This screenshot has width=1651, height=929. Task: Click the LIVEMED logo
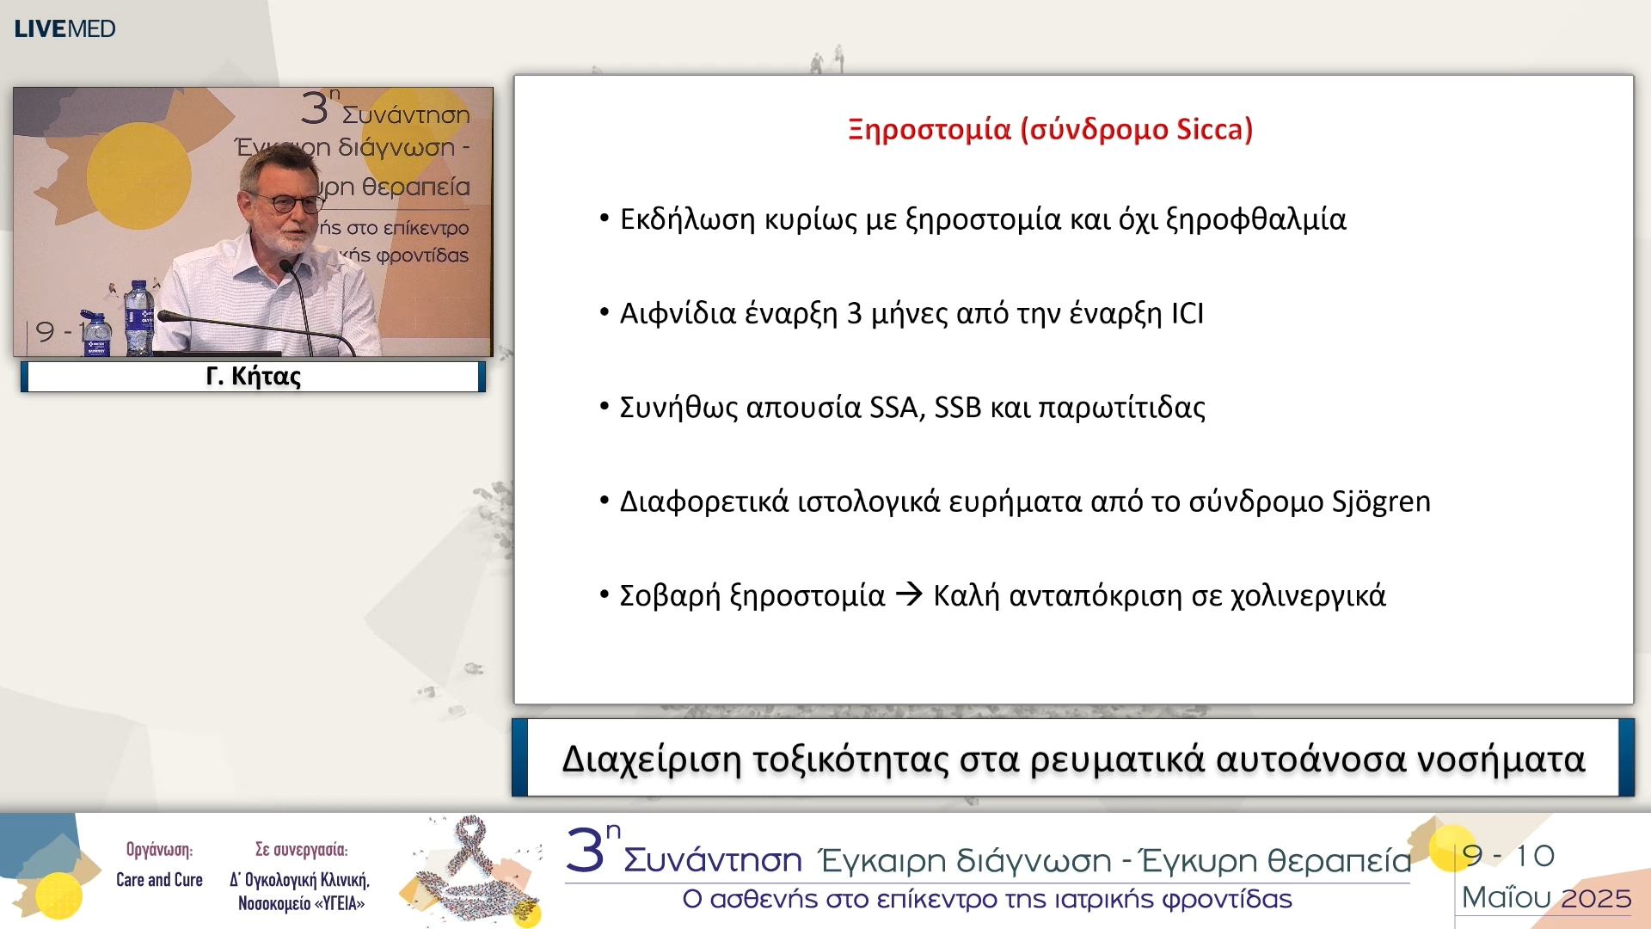click(64, 28)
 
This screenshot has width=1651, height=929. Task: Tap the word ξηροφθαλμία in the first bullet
click(1255, 219)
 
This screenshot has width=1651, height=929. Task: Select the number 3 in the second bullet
click(854, 313)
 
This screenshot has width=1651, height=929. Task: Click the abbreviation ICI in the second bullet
click(1187, 313)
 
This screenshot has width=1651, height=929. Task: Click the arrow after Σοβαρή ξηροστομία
click(909, 594)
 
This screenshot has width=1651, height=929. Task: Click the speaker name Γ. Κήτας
click(253, 377)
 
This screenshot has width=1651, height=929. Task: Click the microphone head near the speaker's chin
click(287, 266)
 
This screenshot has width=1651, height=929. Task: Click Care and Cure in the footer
click(159, 880)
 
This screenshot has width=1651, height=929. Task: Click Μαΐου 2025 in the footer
click(1546, 898)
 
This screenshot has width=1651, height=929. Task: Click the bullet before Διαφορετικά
click(605, 501)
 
